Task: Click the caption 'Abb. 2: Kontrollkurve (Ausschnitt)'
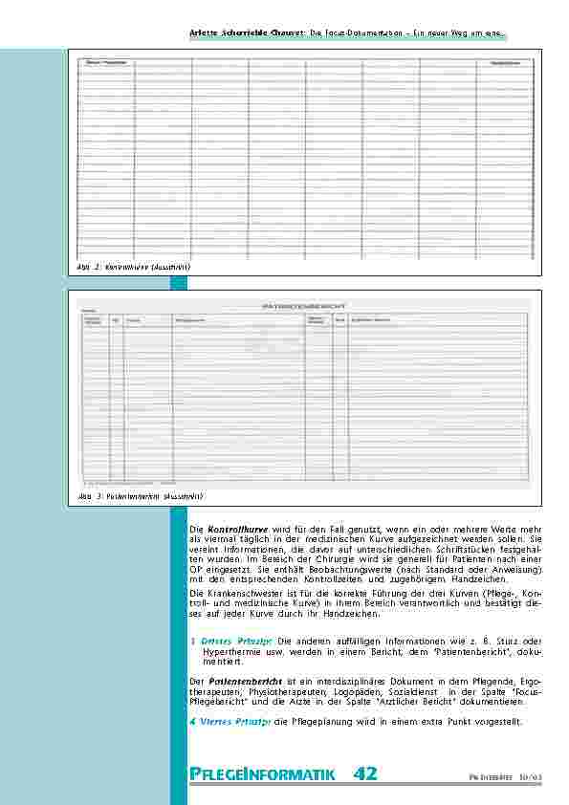135,267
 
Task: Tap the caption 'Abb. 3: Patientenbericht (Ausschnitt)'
141,497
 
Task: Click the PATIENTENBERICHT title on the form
303,307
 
